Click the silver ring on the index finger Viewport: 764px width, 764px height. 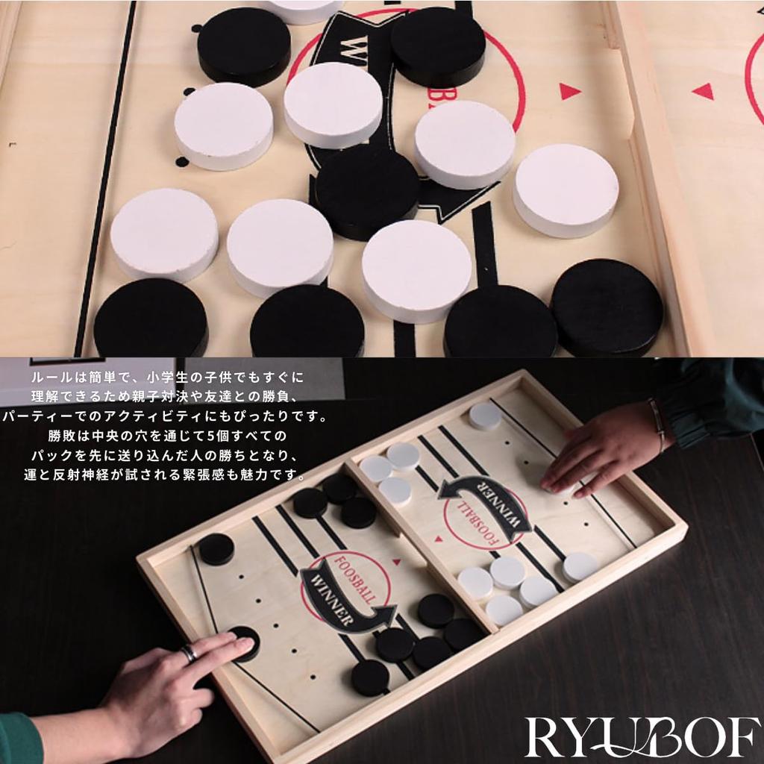(x=190, y=654)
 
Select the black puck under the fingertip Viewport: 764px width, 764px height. (x=244, y=642)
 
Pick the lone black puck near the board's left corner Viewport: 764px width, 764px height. (x=216, y=549)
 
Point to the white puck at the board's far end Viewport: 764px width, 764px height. (x=485, y=416)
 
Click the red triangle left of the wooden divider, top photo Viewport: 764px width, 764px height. (x=570, y=91)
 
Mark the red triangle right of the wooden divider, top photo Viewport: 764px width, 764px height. (x=703, y=91)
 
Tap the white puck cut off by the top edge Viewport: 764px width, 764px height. (x=302, y=10)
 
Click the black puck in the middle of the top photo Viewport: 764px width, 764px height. (x=366, y=190)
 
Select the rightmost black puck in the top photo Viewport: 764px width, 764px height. (x=606, y=306)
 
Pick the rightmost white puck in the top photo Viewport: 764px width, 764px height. (x=566, y=190)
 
